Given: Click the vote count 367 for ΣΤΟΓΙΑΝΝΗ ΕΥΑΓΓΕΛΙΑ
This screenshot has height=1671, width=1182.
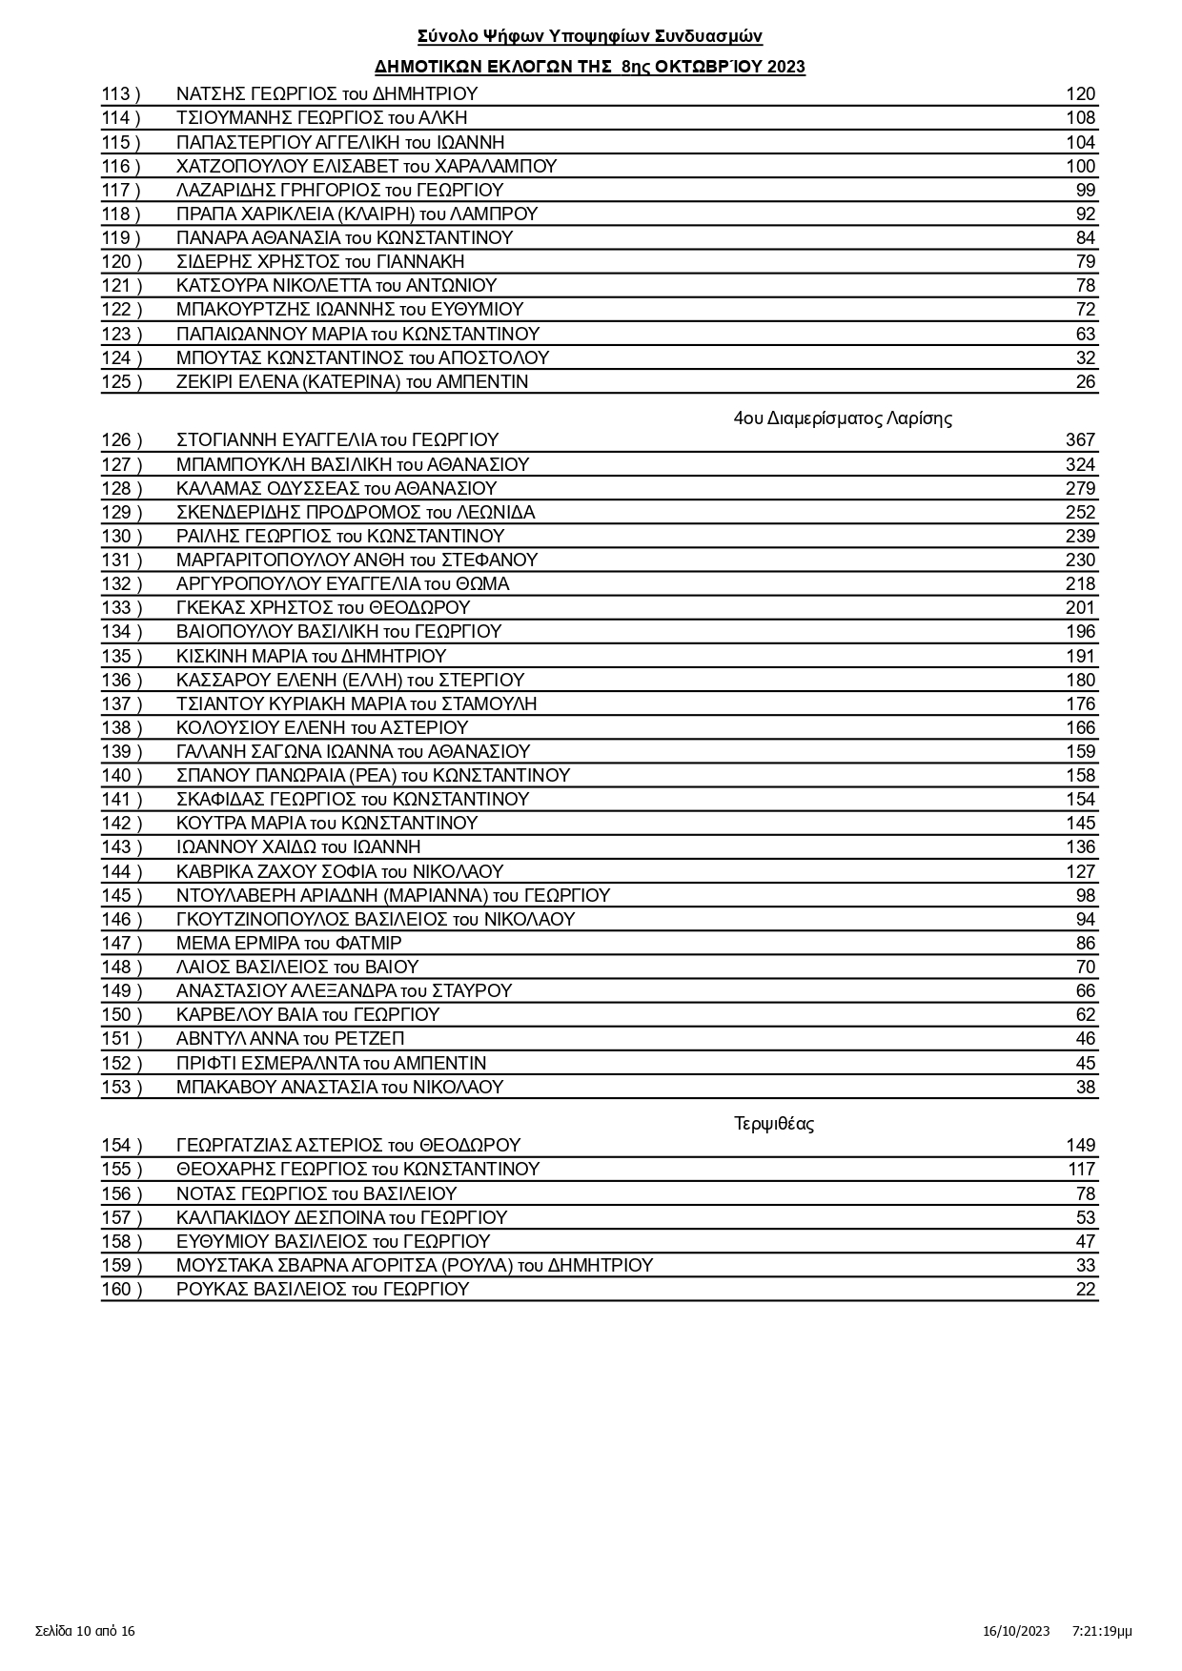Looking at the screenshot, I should coord(1080,440).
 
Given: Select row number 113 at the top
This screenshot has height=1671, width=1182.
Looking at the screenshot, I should coord(120,94).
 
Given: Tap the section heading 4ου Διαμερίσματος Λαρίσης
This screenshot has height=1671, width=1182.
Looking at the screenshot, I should coord(843,418).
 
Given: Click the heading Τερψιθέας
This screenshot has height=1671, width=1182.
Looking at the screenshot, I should coord(774,1123).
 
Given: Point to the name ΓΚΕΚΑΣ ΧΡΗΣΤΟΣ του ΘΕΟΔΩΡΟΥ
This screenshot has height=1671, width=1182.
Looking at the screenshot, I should coord(323,608).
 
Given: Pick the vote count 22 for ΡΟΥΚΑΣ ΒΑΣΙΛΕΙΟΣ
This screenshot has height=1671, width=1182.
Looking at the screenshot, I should coord(1086,1290).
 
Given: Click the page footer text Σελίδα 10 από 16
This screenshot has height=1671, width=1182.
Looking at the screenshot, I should coord(86,1631).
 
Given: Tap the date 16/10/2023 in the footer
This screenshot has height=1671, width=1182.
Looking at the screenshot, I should coord(1016,1631).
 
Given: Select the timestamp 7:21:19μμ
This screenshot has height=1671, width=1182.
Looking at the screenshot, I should coord(1102,1631).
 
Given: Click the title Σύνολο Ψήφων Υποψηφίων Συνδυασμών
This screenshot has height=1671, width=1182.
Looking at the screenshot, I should coord(590,36).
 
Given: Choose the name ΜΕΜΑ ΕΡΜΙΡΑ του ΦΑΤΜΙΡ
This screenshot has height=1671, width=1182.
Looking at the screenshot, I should coord(289,944).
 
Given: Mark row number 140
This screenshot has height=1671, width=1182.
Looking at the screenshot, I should coord(121,776).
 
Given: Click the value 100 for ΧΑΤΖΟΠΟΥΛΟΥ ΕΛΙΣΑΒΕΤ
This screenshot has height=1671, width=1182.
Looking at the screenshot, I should coord(1080,167).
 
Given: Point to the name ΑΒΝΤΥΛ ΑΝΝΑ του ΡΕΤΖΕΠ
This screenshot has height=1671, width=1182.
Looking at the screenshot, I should coord(291,1039).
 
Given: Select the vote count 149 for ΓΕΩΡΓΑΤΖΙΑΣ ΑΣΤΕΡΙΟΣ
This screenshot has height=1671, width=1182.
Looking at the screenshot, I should coord(1080,1146).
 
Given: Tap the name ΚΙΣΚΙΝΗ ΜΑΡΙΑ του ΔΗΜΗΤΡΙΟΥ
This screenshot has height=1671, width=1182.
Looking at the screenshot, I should coord(311,657).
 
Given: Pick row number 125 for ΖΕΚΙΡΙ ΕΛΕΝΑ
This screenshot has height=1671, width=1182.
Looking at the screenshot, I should coord(121,382).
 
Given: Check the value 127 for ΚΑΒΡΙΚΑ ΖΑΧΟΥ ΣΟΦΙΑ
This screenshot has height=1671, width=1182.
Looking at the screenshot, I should coord(1080,872).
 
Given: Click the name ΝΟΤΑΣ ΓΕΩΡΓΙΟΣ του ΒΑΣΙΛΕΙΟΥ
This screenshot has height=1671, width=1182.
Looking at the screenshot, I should coord(316,1194).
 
